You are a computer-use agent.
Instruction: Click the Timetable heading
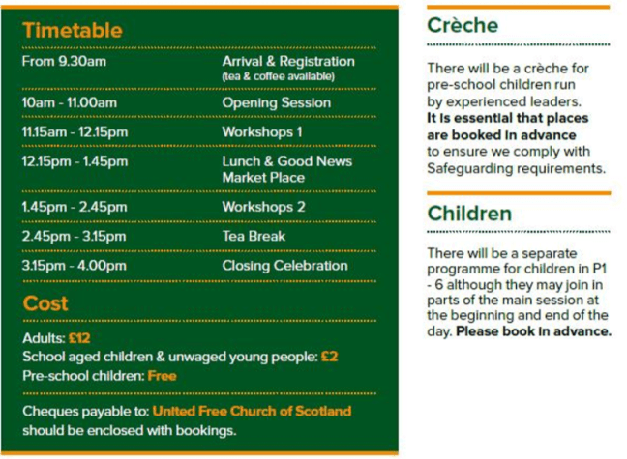(x=73, y=30)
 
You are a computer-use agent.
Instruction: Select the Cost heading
(x=45, y=303)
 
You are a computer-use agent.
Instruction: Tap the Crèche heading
(x=463, y=26)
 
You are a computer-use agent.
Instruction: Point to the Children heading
(x=469, y=213)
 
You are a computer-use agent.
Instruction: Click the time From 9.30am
(x=64, y=62)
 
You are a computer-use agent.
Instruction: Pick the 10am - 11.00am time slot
(x=69, y=102)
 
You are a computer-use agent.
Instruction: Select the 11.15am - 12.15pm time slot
(x=75, y=131)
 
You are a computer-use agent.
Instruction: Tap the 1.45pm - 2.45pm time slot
(x=75, y=207)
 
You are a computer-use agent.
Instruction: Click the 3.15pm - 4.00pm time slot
(x=75, y=266)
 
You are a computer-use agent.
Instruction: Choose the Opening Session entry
(x=276, y=102)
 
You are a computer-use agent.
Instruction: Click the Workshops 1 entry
(x=262, y=131)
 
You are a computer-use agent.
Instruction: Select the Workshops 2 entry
(x=263, y=207)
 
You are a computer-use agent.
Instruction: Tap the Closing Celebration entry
(x=284, y=266)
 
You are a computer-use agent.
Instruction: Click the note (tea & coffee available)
(x=278, y=76)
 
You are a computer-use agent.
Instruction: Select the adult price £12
(x=79, y=339)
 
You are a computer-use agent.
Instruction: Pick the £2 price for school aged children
(x=330, y=357)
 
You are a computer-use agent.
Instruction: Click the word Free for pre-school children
(x=162, y=375)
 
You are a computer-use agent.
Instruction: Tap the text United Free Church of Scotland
(x=252, y=412)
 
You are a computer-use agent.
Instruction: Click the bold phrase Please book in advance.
(x=534, y=331)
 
